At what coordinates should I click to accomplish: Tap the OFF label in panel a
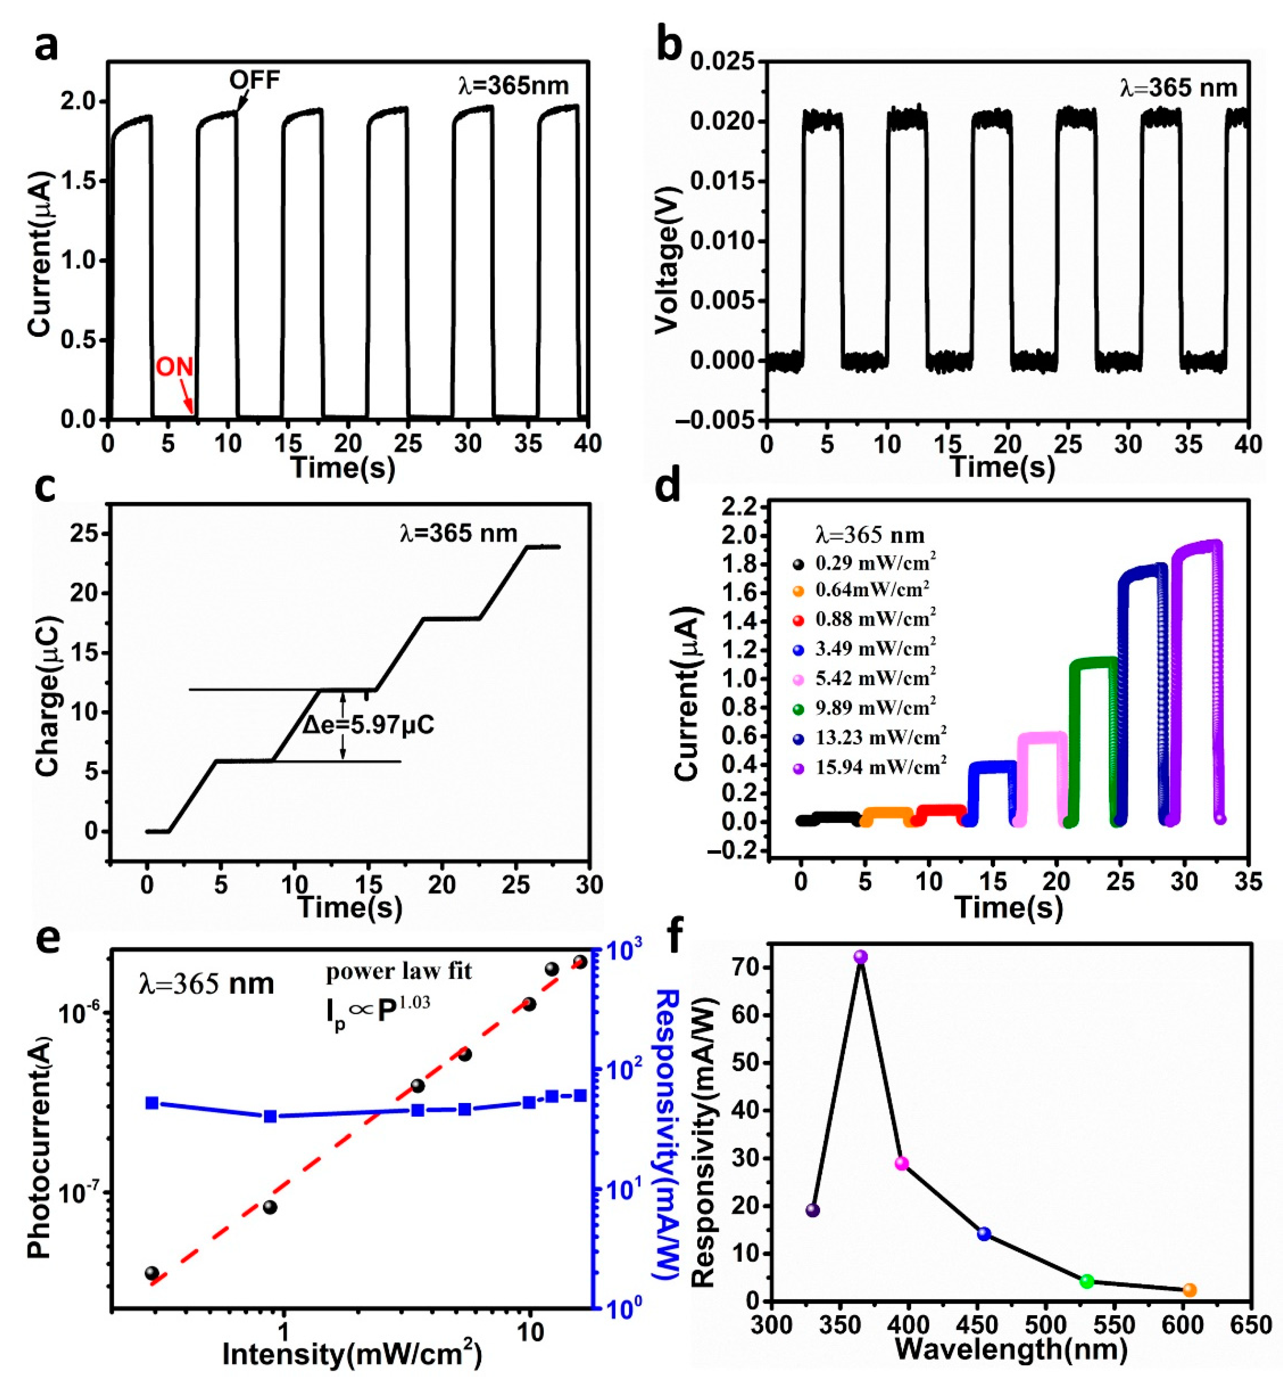[x=255, y=80]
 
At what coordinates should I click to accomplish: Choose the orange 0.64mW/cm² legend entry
[x=872, y=590]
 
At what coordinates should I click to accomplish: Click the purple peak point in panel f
[x=861, y=957]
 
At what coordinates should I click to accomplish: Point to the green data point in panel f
[x=1087, y=1281]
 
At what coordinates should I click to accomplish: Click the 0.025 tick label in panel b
[x=722, y=63]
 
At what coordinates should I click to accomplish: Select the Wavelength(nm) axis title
[x=1011, y=1348]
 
